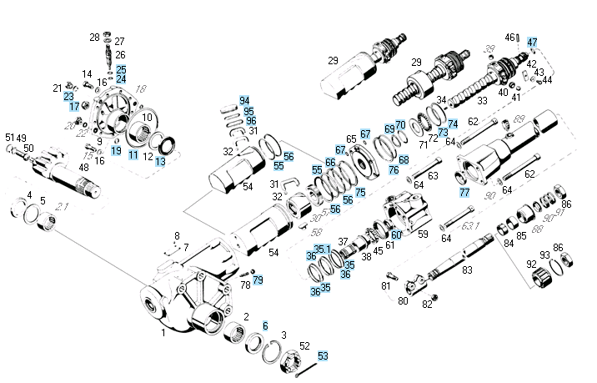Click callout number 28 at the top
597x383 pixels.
click(94, 37)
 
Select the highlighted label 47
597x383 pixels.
click(533, 42)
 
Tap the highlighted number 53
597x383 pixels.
click(324, 355)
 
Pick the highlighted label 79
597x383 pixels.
click(258, 280)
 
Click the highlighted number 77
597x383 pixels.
click(464, 191)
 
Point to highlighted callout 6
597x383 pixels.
click(265, 325)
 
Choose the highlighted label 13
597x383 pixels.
click(160, 161)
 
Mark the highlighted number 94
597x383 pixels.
click(244, 100)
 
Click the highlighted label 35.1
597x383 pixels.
click(322, 249)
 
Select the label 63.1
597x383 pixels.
click(473, 225)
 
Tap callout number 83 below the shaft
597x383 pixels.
click(467, 270)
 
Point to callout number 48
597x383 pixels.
click(83, 168)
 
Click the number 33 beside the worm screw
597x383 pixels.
click(482, 100)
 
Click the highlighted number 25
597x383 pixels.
click(121, 69)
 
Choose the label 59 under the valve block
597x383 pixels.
click(423, 234)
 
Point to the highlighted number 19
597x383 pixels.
click(116, 150)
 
